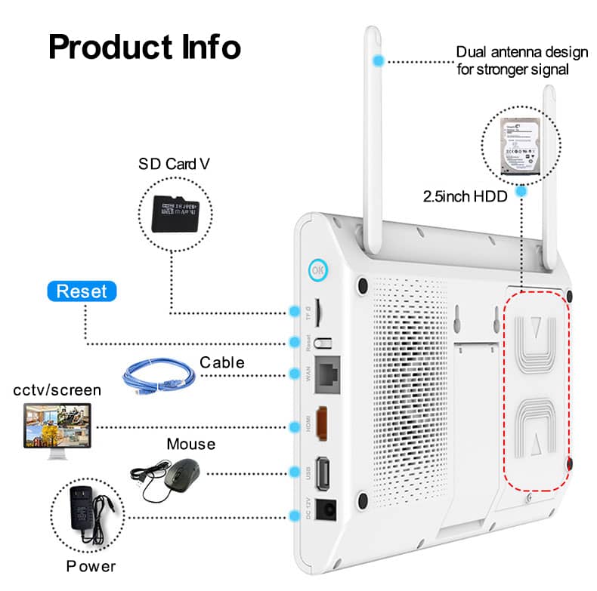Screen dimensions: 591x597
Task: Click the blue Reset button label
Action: [x=82, y=291]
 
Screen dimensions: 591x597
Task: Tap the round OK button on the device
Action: [x=318, y=269]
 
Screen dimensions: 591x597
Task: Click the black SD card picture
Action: [x=175, y=214]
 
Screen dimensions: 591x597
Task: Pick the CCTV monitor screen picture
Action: [x=57, y=426]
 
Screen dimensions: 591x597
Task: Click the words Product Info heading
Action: [x=144, y=47]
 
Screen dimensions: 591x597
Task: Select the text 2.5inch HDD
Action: [x=464, y=196]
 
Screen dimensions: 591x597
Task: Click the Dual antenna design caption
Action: [x=521, y=60]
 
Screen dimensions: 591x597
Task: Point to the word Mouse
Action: [x=190, y=444]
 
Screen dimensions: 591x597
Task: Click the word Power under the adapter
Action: [x=91, y=566]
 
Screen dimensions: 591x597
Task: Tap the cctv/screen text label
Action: [x=57, y=389]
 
